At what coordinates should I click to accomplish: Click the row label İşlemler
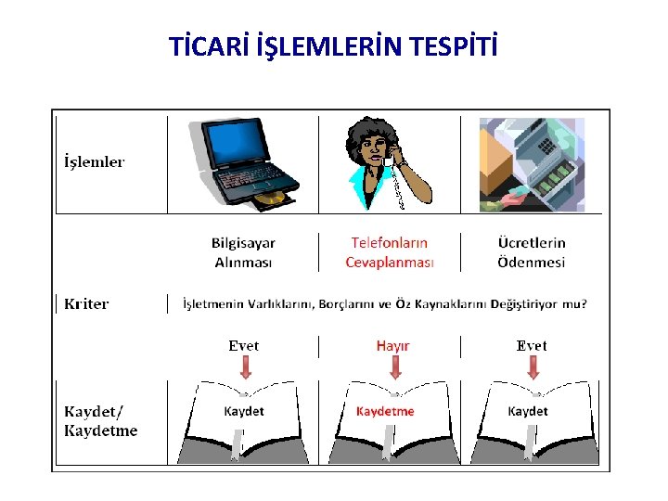pyautogui.click(x=94, y=161)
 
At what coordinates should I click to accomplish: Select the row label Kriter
pyautogui.click(x=86, y=303)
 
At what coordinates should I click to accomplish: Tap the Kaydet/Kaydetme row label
pyautogui.click(x=100, y=420)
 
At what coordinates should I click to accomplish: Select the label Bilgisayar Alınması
pyautogui.click(x=243, y=252)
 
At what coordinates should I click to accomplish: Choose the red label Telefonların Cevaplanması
pyautogui.click(x=390, y=252)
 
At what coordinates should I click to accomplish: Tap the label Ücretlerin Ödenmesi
pyautogui.click(x=532, y=252)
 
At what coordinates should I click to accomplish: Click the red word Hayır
pyautogui.click(x=392, y=346)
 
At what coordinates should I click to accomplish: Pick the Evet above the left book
pyautogui.click(x=244, y=346)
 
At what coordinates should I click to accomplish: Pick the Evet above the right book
pyautogui.click(x=532, y=346)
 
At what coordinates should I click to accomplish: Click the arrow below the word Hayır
pyautogui.click(x=395, y=368)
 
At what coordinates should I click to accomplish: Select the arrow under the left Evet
pyautogui.click(x=245, y=368)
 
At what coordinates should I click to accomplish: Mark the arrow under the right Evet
pyautogui.click(x=533, y=368)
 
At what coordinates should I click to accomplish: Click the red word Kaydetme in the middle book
pyautogui.click(x=386, y=411)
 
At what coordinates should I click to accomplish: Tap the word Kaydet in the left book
pyautogui.click(x=244, y=411)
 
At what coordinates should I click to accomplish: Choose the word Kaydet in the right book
pyautogui.click(x=528, y=411)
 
